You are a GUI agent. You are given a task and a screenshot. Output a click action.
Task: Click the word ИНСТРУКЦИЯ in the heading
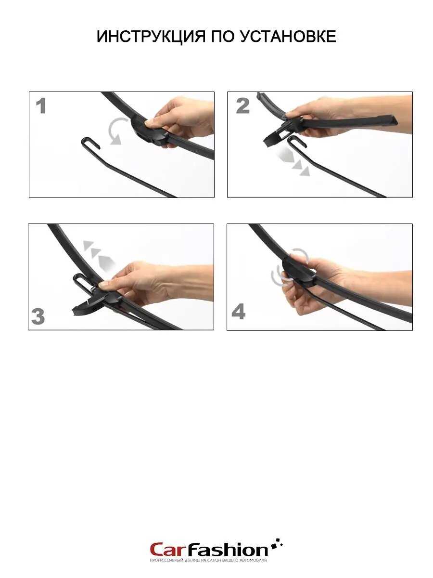tap(151, 36)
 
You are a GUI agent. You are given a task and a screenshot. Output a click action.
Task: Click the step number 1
tap(41, 106)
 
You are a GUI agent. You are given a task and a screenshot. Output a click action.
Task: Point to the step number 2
tap(242, 106)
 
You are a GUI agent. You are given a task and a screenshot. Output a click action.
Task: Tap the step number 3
tap(38, 316)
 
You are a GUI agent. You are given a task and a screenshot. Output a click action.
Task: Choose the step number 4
tap(239, 312)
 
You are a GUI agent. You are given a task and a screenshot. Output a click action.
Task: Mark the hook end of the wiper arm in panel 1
tap(89, 142)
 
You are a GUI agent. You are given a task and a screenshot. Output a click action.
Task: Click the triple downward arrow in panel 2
tap(293, 161)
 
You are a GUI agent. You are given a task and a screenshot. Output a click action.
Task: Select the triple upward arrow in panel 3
tap(99, 255)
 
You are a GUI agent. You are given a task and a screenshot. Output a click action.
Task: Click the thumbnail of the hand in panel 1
tap(149, 122)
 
